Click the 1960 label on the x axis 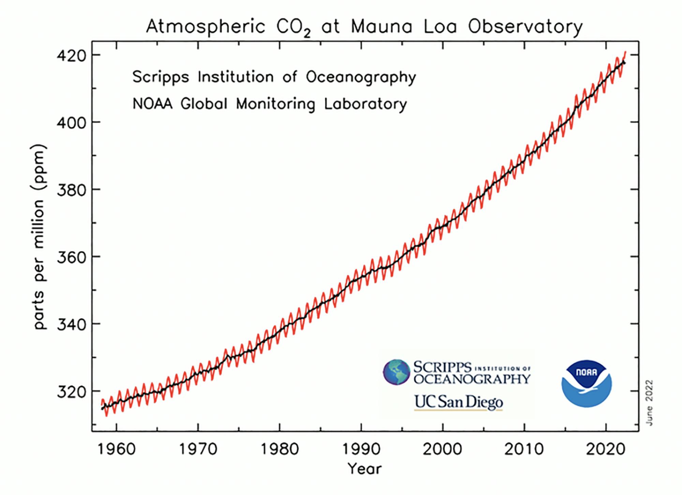click(116, 449)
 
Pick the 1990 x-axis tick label click(361, 449)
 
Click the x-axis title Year click(364, 469)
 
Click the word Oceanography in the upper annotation click(361, 77)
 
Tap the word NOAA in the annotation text click(152, 104)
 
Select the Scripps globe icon click(396, 372)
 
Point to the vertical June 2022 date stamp click(649, 403)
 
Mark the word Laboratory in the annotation click(365, 104)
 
